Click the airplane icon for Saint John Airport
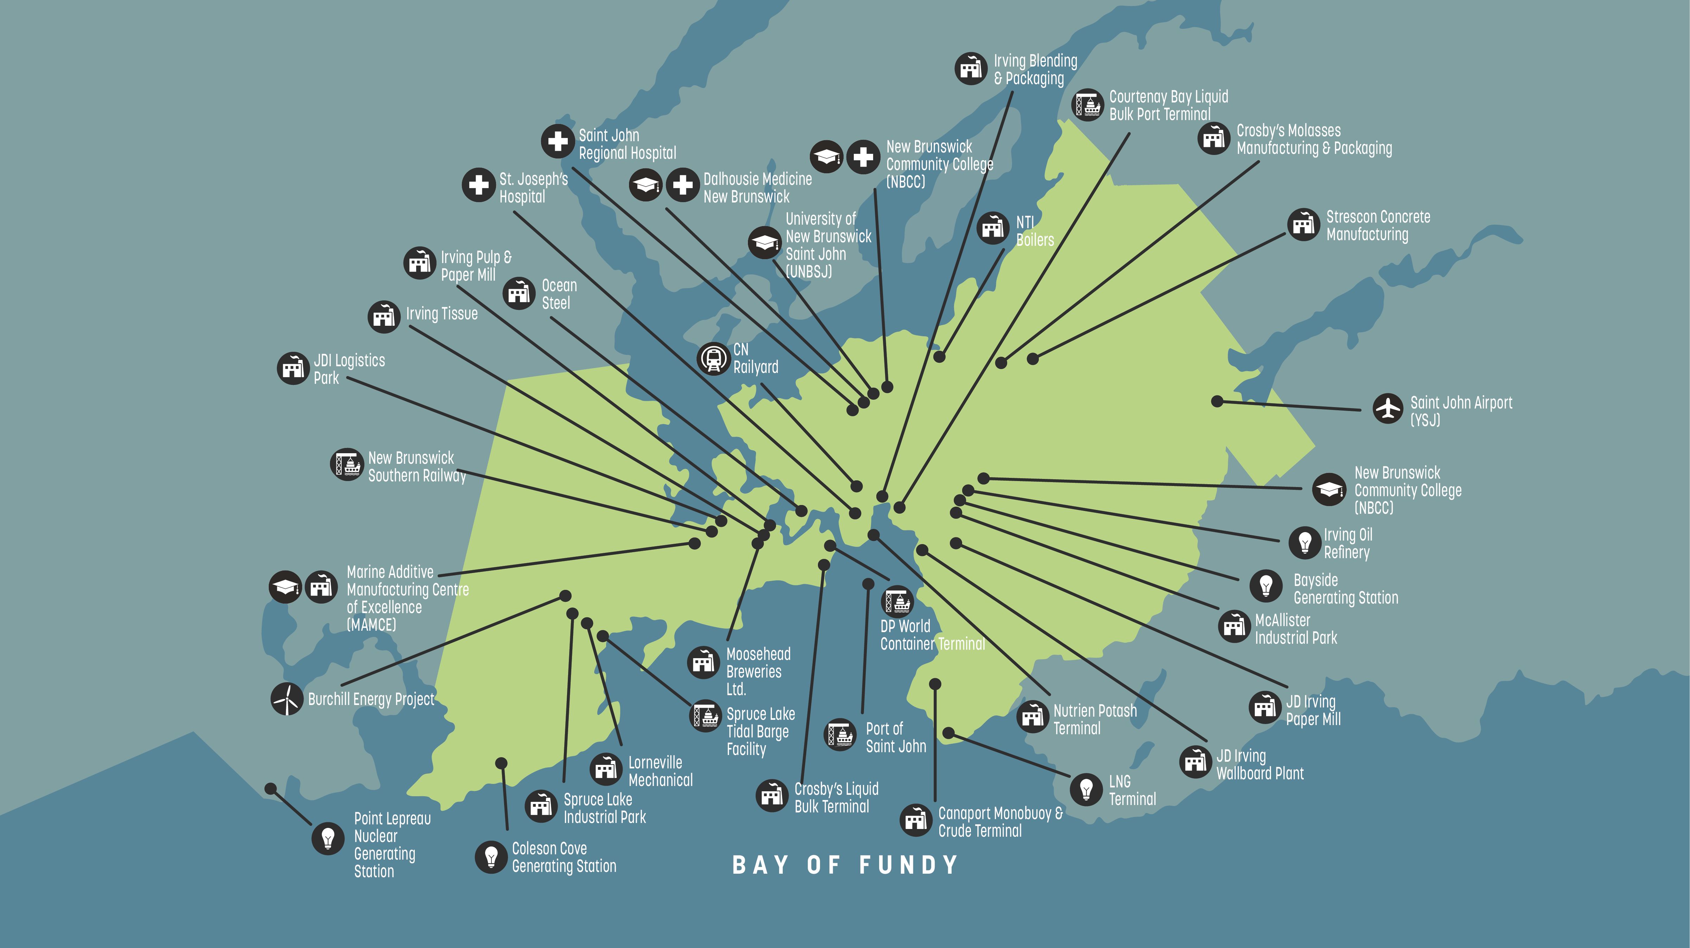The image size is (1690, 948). click(x=1388, y=409)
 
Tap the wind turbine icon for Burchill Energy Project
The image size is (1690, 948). click(x=287, y=699)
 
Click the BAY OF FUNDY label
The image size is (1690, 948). click(x=845, y=865)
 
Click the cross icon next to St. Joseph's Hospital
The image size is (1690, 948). click(x=478, y=185)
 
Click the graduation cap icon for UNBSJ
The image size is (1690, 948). click(x=764, y=243)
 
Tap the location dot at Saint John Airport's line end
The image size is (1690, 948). click(x=1217, y=401)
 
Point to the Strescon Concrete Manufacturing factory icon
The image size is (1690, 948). click(x=1303, y=225)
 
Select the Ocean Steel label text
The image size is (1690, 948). click(x=559, y=294)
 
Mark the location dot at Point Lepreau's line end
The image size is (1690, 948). click(x=270, y=788)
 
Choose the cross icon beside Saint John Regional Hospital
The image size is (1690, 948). click(x=558, y=141)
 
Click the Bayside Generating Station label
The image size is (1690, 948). click(x=1345, y=589)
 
